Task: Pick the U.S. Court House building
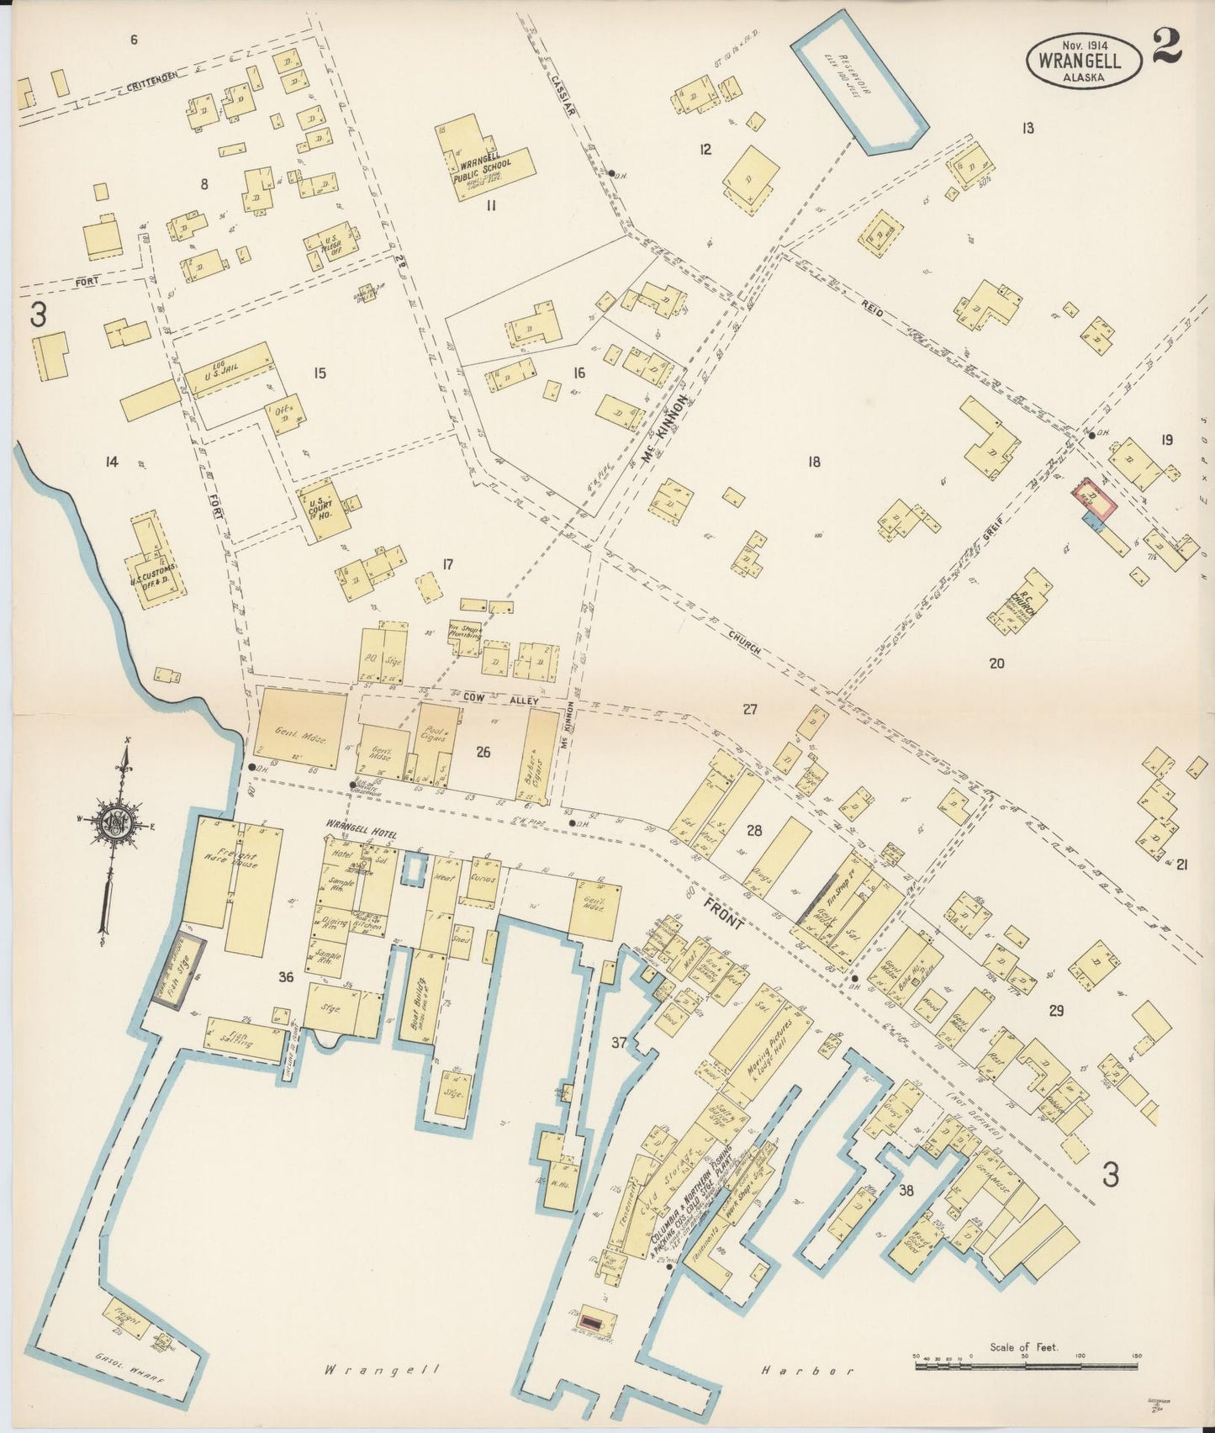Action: (x=322, y=505)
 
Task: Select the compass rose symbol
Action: (x=114, y=828)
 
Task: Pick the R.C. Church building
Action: (x=1025, y=605)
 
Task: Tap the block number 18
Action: (x=813, y=461)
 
